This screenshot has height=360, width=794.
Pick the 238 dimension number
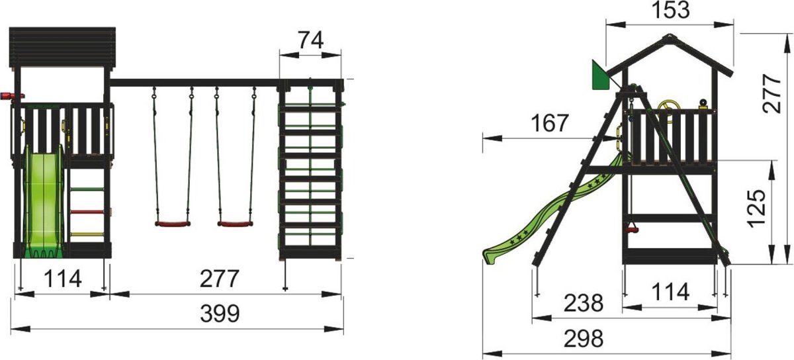584,303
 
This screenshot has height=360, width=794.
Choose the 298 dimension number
584,339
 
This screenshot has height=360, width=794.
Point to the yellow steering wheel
667,109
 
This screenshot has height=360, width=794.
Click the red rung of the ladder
87,212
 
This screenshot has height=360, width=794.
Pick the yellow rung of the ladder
87,234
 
